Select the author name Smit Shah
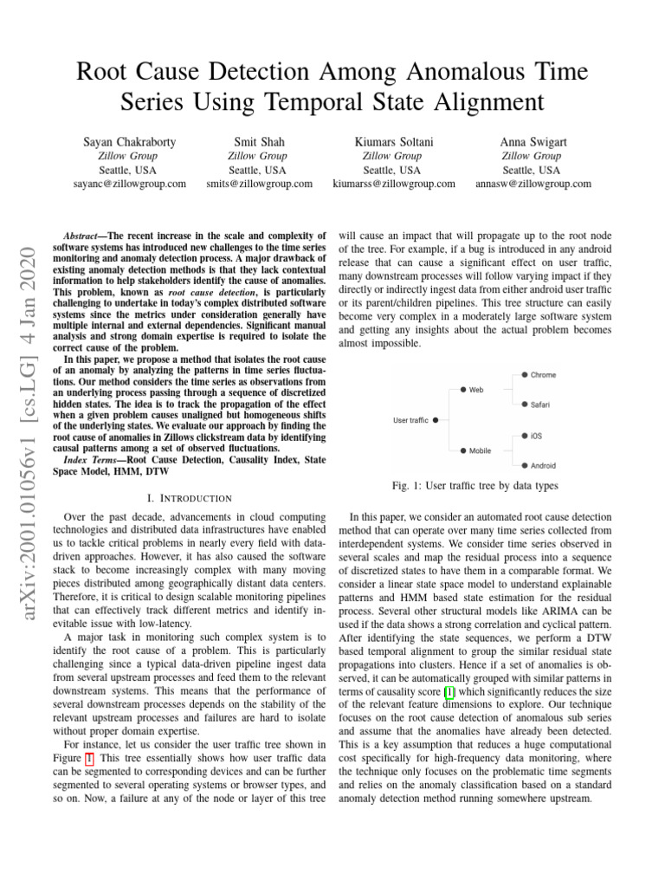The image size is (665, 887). pos(259,140)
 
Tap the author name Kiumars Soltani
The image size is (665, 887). pos(394,140)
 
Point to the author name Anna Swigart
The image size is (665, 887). pos(533,140)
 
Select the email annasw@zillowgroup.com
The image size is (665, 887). pos(533,184)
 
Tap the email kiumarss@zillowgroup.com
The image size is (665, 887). pos(394,184)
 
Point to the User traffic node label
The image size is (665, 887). pos(410,420)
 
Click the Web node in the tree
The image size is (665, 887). pos(476,390)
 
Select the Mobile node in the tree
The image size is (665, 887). pos(480,450)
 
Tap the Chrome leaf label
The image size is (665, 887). pos(543,374)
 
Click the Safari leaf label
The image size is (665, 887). pos(539,405)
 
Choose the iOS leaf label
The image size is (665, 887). pos(536,436)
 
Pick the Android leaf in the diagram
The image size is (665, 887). pos(543,466)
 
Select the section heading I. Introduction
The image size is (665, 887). pos(190,498)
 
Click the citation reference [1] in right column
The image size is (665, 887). pos(449,691)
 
